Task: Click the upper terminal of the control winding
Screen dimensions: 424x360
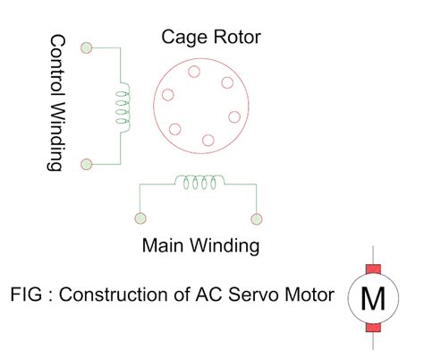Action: (87, 47)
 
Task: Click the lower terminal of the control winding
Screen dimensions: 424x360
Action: (87, 164)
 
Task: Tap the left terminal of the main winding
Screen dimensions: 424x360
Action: (140, 219)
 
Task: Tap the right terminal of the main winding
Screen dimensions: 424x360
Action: (257, 219)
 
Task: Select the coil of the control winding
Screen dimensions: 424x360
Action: (123, 107)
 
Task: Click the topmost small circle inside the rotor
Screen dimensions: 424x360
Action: (194, 72)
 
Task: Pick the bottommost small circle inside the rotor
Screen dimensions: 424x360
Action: (208, 141)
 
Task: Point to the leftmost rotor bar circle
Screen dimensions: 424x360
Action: (168, 95)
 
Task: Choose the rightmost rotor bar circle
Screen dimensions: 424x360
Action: (234, 117)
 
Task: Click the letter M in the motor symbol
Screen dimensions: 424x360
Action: (373, 298)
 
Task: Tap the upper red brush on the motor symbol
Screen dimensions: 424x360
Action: (373, 269)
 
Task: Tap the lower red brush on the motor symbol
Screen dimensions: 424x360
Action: (373, 328)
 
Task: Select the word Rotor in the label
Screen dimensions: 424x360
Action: (237, 38)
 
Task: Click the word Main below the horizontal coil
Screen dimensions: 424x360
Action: (163, 245)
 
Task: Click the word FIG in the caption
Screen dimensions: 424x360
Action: (26, 295)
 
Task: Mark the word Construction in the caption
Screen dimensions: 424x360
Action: (114, 295)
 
